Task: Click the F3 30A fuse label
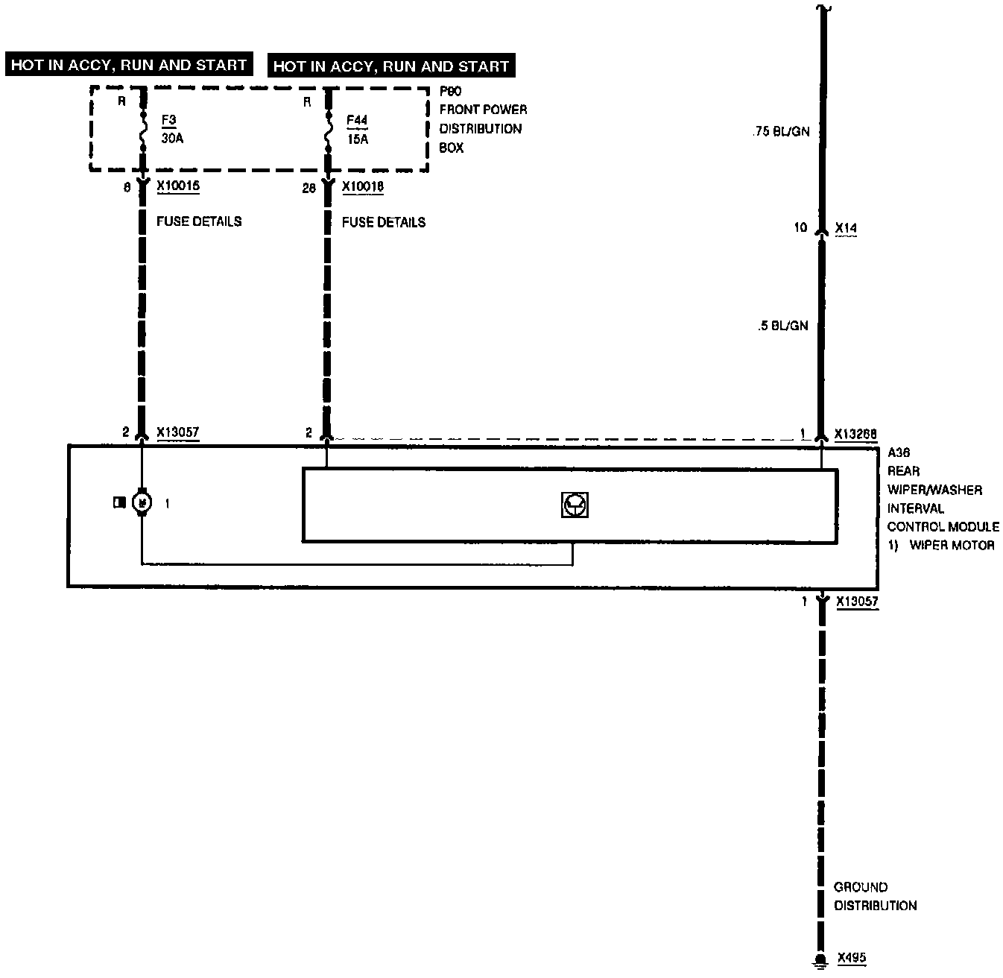tap(171, 129)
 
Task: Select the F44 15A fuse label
tap(357, 130)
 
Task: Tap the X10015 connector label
tap(178, 187)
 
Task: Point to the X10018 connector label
tap(363, 187)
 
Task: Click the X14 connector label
tap(846, 227)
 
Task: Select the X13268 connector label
tap(855, 434)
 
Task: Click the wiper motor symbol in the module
tap(142, 503)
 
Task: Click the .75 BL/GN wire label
tap(779, 132)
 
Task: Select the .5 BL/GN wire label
tap(782, 325)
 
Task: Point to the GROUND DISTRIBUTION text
tap(875, 896)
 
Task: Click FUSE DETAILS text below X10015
tap(199, 221)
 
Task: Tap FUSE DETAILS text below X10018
tap(384, 222)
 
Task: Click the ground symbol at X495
tap(820, 961)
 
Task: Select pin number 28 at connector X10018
tap(309, 188)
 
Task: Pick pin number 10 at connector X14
tap(800, 227)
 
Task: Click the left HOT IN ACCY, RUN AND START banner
tap(129, 65)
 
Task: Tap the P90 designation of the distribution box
tap(450, 92)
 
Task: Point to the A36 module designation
tap(899, 452)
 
